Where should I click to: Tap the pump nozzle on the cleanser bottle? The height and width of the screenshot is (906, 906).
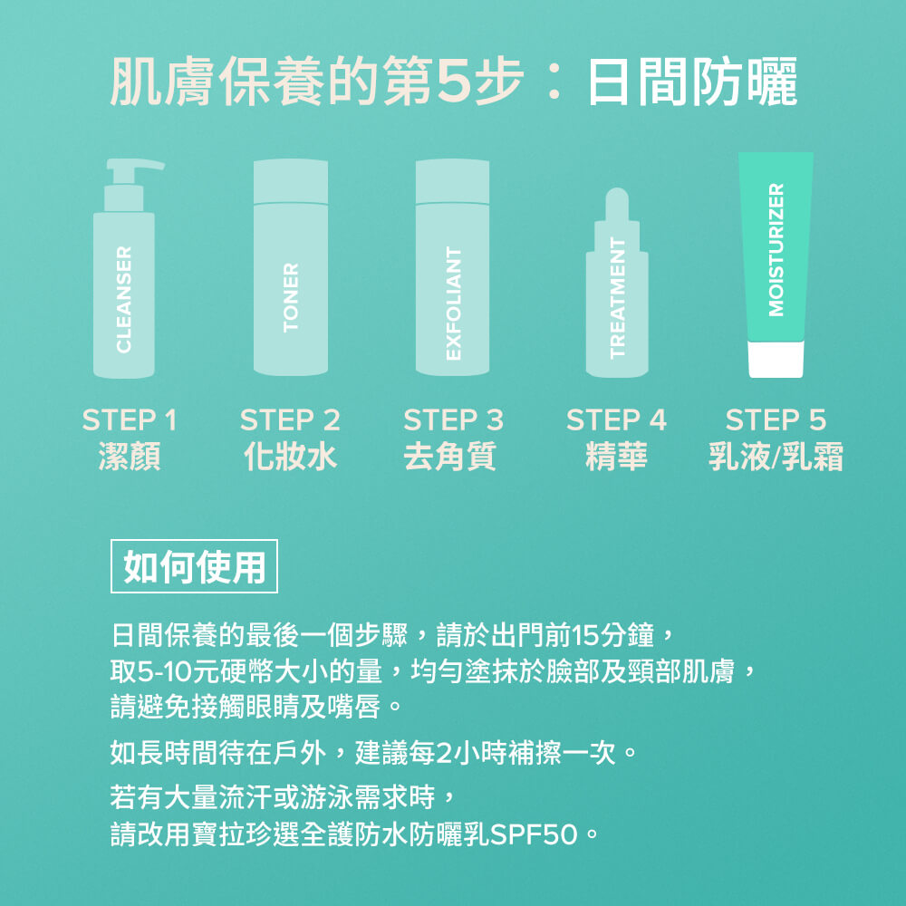pyautogui.click(x=145, y=166)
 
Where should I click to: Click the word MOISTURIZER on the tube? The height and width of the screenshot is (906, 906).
pyautogui.click(x=776, y=249)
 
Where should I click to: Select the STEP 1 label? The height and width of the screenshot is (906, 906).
pyautogui.click(x=130, y=420)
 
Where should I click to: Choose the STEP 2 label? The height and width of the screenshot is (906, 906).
pyautogui.click(x=290, y=420)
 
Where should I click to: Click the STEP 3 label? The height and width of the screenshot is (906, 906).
pyautogui.click(x=453, y=420)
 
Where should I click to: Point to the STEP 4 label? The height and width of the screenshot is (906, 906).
pyautogui.click(x=616, y=420)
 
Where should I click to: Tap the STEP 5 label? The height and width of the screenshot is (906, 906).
pyautogui.click(x=776, y=420)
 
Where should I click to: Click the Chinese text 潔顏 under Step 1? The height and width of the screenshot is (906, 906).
pyautogui.click(x=130, y=457)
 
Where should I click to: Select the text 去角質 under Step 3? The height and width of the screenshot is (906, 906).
pyautogui.click(x=449, y=457)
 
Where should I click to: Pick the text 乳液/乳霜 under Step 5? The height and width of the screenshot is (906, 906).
pyautogui.click(x=776, y=457)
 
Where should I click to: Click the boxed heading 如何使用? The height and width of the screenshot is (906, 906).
pyautogui.click(x=194, y=567)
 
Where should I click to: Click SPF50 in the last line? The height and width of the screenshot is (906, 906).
pyautogui.click(x=535, y=834)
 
